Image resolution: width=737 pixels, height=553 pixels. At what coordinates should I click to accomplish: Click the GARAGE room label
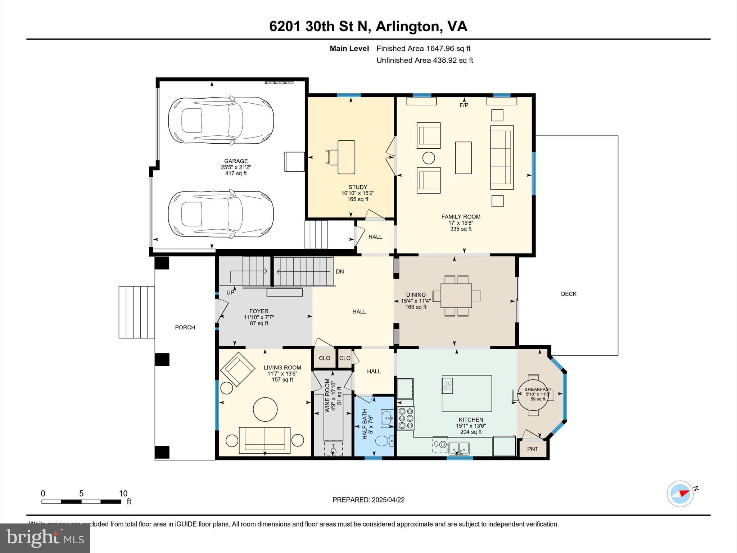[x=236, y=161]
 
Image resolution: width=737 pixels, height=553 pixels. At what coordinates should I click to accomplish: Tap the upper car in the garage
[x=221, y=121]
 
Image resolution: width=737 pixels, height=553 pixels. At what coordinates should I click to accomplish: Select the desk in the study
[x=346, y=157]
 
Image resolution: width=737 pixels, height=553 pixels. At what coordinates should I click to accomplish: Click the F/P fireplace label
[x=464, y=105]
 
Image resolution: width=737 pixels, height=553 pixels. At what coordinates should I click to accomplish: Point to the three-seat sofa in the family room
[x=502, y=157]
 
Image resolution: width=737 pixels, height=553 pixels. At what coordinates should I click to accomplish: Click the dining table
[x=456, y=296]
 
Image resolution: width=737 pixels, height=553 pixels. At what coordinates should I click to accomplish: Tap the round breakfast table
[x=533, y=395]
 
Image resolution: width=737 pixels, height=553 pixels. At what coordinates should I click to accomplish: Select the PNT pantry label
[x=532, y=449]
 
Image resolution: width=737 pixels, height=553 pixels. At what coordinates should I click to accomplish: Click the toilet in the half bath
[x=384, y=440]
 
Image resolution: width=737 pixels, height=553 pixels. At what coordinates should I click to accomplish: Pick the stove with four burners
[x=406, y=418]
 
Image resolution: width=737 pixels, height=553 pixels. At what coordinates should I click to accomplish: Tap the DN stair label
[x=340, y=271]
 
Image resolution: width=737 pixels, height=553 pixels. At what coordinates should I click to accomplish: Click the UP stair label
[x=230, y=293]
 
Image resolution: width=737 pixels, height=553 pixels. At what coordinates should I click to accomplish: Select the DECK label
[x=569, y=294]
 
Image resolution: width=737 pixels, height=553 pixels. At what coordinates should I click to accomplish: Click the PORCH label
[x=185, y=327]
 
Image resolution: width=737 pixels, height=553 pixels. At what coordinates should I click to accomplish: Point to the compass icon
[x=680, y=494]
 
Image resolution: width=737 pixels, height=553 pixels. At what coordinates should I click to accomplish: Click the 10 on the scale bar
[x=123, y=494]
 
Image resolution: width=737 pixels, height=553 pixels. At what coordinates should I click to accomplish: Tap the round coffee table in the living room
[x=265, y=409]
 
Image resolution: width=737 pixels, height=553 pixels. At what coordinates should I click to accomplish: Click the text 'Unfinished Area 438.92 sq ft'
[x=425, y=60]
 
